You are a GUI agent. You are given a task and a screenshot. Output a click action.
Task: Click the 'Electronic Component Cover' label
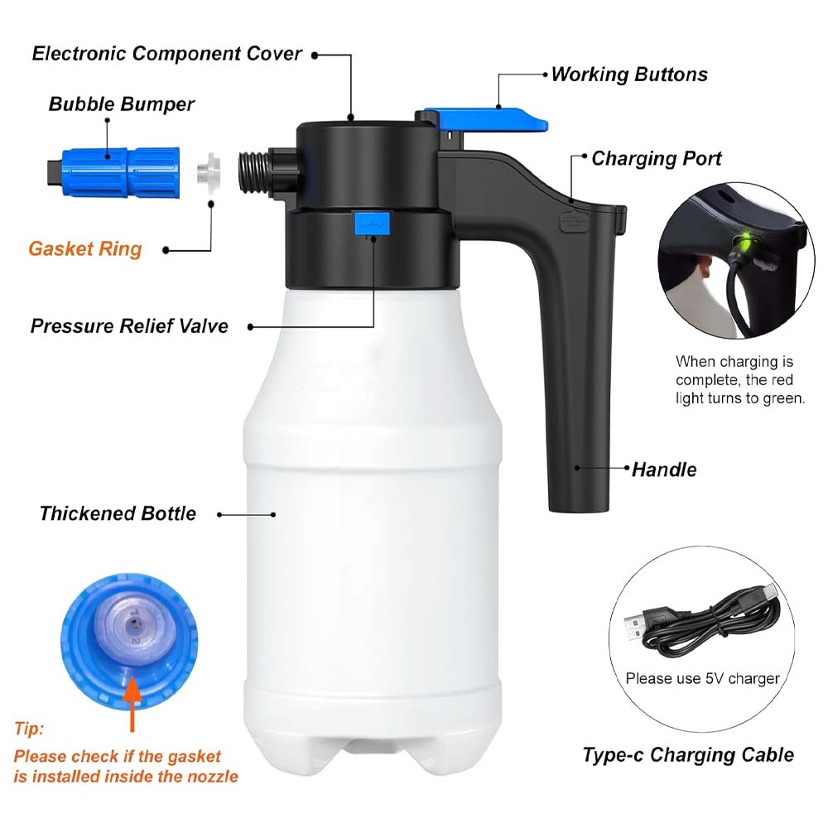[x=166, y=54]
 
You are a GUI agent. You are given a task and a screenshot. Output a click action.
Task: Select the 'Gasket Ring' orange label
[x=85, y=249]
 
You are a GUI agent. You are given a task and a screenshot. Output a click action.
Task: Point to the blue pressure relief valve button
[x=371, y=223]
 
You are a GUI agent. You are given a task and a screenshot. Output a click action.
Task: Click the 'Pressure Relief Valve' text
[x=129, y=325]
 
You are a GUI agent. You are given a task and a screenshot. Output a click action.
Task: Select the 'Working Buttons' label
[x=628, y=75]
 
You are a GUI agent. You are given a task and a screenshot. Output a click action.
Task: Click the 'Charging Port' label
[x=656, y=158]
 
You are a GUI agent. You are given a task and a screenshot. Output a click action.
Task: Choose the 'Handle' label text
[x=664, y=469]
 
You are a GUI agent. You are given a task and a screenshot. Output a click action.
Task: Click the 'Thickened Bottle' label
[x=118, y=513]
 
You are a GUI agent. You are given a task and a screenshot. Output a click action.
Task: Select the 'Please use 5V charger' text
[x=702, y=678]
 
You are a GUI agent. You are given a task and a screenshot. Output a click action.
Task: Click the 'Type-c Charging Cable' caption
[x=687, y=754]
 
